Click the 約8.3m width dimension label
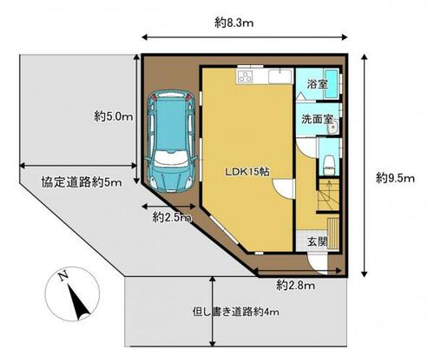[233, 23]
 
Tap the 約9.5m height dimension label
[395, 178]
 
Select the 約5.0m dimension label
[114, 117]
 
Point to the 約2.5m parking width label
[172, 217]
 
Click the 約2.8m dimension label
[295, 286]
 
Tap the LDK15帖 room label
[247, 172]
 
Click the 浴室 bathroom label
[317, 84]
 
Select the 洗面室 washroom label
[318, 119]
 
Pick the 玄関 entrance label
[317, 241]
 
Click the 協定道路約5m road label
[82, 182]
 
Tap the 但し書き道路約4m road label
[236, 312]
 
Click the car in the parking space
[170, 142]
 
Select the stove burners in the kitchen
[245, 76]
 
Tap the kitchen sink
[280, 76]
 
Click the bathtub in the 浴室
[331, 83]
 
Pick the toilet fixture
[329, 164]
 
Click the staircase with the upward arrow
[328, 195]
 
